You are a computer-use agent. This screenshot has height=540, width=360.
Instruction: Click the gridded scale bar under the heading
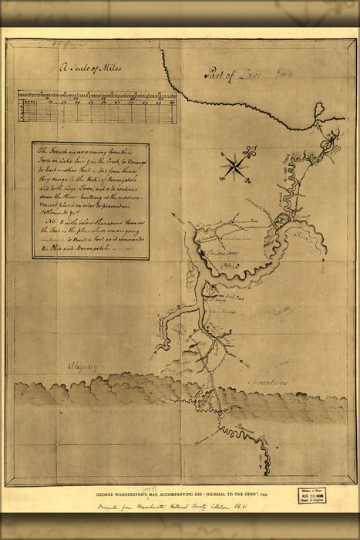96,106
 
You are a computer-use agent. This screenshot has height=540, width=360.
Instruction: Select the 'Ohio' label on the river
231,268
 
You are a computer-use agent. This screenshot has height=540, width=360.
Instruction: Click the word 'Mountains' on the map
267,381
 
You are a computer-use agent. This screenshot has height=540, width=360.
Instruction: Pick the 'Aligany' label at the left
79,368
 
